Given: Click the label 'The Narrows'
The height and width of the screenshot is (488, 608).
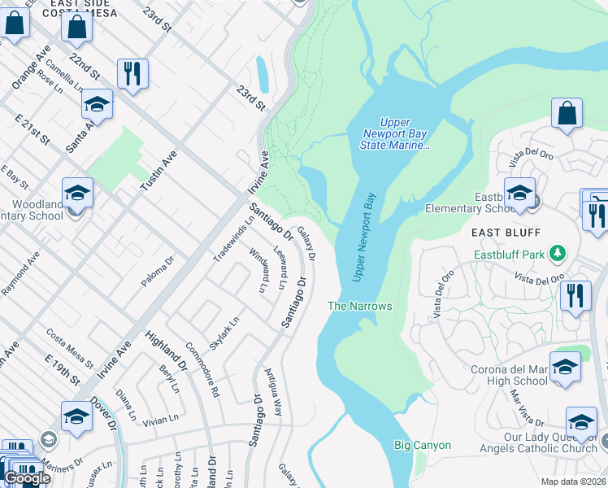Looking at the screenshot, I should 359,306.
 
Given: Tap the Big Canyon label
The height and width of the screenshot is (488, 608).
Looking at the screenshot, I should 422,445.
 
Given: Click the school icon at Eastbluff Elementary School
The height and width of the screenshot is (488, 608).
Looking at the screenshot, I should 519,194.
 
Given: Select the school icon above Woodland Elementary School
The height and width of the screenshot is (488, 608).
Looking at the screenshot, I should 77,193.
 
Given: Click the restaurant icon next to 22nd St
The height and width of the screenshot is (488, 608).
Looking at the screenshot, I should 132,73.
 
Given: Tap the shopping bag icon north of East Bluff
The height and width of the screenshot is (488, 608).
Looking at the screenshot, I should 567,114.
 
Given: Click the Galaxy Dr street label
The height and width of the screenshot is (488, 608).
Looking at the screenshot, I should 306,243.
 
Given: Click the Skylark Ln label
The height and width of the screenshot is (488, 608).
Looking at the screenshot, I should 224,333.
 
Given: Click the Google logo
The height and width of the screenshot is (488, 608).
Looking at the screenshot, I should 27,478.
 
